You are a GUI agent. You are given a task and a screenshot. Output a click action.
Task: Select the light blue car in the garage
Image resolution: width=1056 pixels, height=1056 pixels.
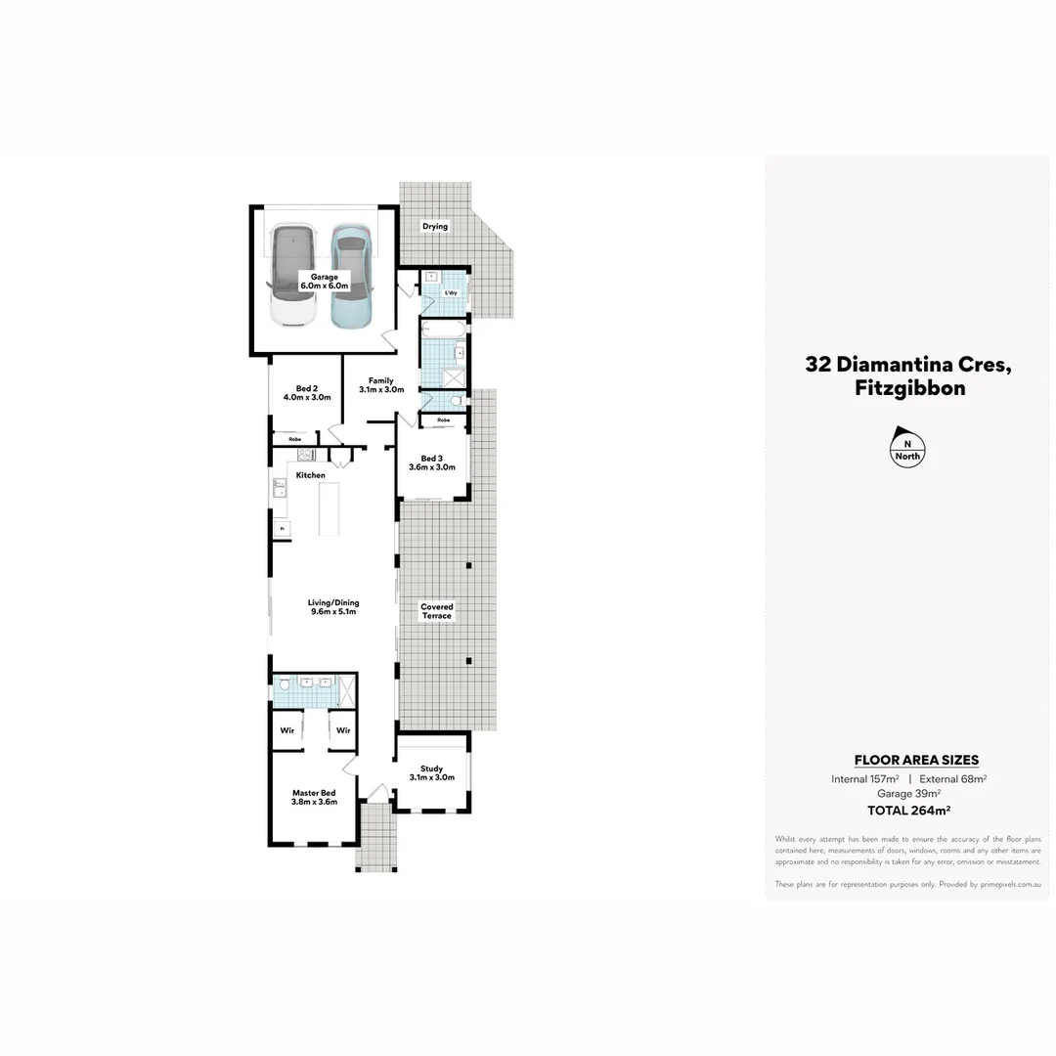pyautogui.click(x=352, y=277)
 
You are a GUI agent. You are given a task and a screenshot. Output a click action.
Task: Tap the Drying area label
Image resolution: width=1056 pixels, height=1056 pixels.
pyautogui.click(x=435, y=226)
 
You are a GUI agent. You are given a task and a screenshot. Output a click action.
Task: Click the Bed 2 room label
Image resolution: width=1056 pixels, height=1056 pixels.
pyautogui.click(x=307, y=393)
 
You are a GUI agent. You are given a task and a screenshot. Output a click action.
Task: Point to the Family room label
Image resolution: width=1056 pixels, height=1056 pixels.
pyautogui.click(x=380, y=385)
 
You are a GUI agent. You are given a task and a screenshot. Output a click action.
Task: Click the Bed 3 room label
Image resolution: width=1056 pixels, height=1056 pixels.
pyautogui.click(x=431, y=462)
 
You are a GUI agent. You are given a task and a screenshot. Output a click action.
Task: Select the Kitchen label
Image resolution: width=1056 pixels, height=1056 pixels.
pyautogui.click(x=311, y=475)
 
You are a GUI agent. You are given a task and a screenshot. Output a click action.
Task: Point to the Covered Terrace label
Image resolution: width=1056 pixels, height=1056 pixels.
pyautogui.click(x=437, y=611)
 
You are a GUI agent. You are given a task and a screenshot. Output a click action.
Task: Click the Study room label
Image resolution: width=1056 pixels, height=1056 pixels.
pyautogui.click(x=431, y=772)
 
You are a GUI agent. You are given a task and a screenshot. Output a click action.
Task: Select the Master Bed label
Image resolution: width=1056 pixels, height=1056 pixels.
pyautogui.click(x=314, y=797)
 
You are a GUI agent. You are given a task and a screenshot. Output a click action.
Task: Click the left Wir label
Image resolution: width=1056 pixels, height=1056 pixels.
pyautogui.click(x=287, y=730)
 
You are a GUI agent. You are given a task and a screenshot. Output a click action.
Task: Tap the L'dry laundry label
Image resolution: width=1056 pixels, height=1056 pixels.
pyautogui.click(x=451, y=292)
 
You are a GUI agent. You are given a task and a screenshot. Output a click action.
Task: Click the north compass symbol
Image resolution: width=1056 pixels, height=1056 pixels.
pyautogui.click(x=907, y=445)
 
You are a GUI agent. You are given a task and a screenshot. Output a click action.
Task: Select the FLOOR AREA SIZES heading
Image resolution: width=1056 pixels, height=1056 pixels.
pyautogui.click(x=916, y=760)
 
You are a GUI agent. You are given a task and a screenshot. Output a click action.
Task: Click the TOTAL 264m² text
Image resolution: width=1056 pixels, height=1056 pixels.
pyautogui.click(x=908, y=810)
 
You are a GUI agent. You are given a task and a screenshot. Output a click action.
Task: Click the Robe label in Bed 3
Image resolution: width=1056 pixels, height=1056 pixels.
pyautogui.click(x=444, y=419)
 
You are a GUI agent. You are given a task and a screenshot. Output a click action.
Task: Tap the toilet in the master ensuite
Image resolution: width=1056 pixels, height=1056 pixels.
pyautogui.click(x=284, y=685)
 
